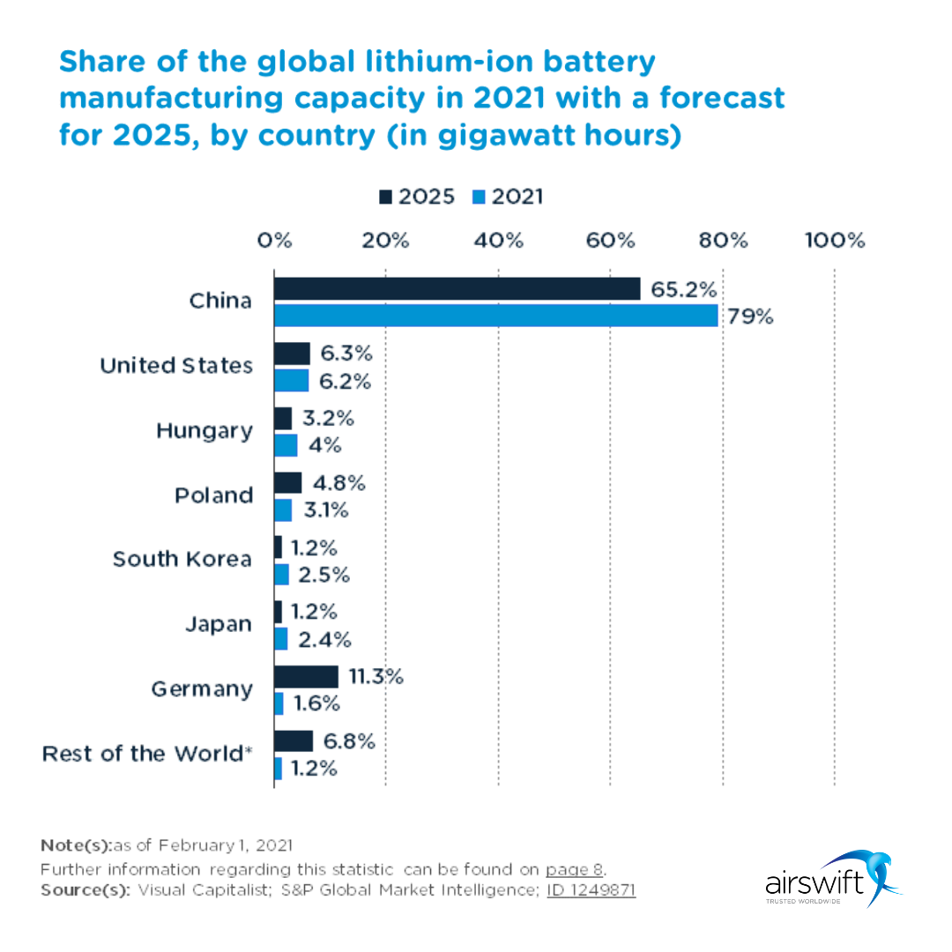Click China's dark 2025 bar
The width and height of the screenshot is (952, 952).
click(457, 289)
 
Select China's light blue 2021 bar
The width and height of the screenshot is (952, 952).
click(495, 316)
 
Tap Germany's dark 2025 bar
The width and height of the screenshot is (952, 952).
click(306, 677)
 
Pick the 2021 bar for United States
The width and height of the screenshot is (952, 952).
click(291, 381)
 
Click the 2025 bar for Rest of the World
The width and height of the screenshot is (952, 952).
click(293, 741)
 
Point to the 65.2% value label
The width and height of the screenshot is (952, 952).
click(683, 289)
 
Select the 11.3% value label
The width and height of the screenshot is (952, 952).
click(376, 677)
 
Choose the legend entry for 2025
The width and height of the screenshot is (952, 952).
click(418, 197)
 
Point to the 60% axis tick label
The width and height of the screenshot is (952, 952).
click(610, 241)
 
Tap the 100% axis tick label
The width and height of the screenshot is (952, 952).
click(834, 241)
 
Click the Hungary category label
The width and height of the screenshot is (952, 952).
click(204, 431)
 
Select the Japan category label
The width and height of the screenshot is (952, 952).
click(218, 624)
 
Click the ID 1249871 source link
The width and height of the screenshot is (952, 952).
click(591, 890)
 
